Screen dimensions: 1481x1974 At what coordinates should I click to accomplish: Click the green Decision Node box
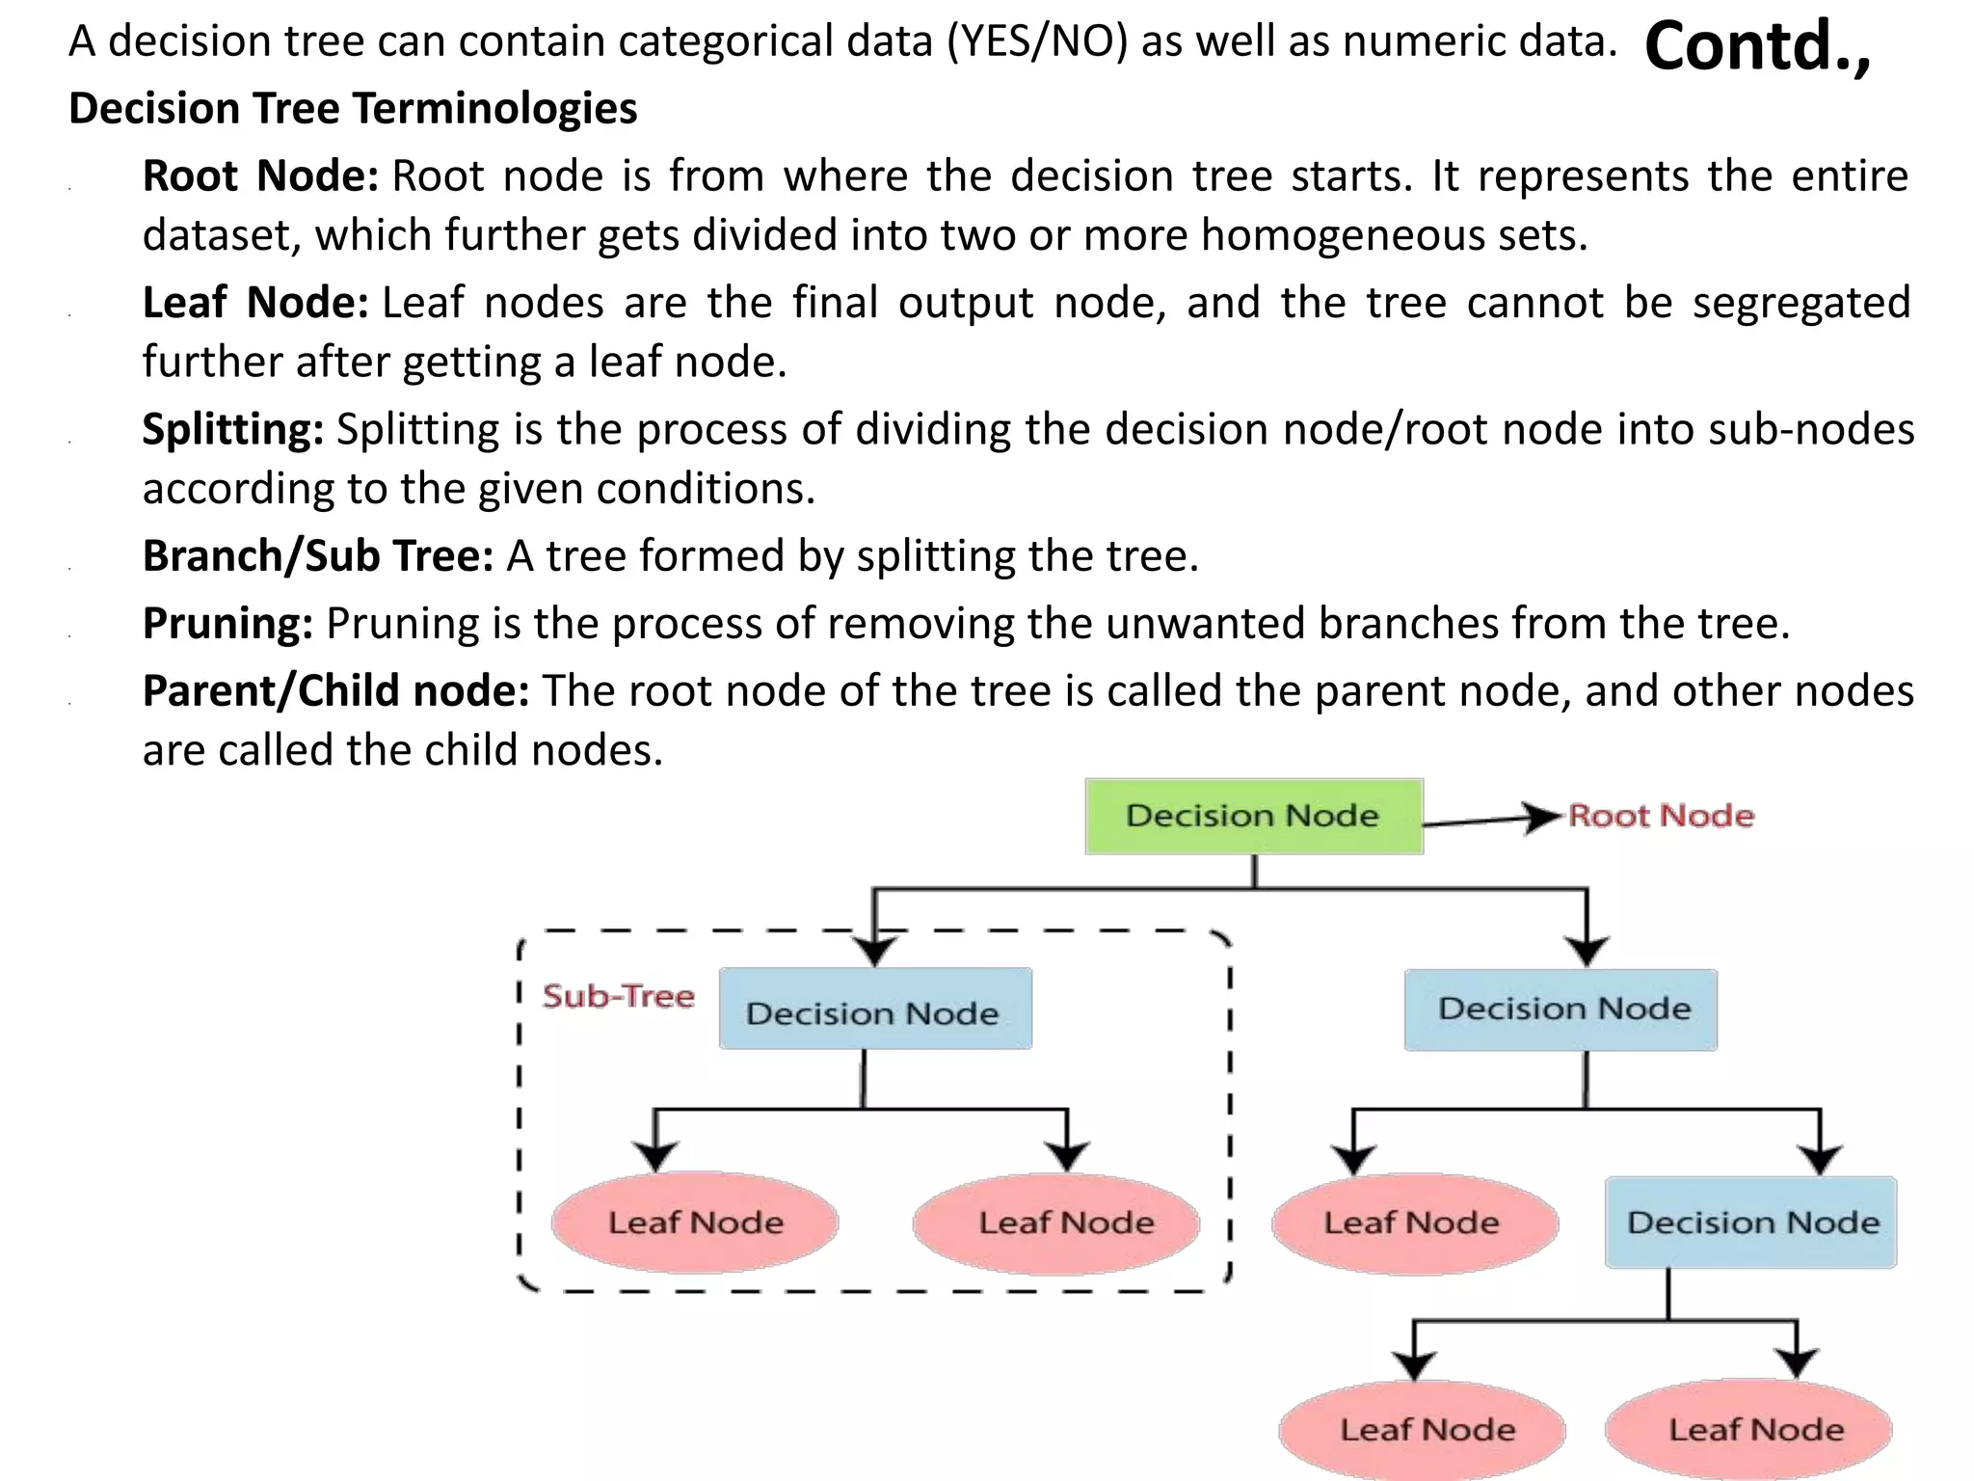pos(1253,816)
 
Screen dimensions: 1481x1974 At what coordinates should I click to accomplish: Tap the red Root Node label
pos(1661,816)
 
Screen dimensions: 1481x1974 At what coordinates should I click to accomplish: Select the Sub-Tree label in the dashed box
pos(618,996)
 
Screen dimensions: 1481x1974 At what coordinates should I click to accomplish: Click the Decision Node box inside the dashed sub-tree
pos(874,1010)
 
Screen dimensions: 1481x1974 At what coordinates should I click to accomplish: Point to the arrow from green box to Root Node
pos(1492,821)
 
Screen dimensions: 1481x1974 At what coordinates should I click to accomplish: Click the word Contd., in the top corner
pos(1756,46)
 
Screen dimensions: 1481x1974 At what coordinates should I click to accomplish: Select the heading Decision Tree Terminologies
pos(353,108)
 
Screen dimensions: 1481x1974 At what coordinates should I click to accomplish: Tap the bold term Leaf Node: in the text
pos(255,303)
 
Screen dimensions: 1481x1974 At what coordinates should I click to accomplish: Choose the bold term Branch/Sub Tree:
pos(318,556)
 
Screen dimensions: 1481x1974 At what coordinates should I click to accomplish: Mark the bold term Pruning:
pos(227,624)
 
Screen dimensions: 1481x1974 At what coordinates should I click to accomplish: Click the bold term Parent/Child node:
pos(335,691)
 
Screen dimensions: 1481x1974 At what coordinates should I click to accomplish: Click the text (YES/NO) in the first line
pos(1037,41)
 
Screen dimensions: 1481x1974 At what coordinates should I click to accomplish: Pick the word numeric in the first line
pos(1403,41)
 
